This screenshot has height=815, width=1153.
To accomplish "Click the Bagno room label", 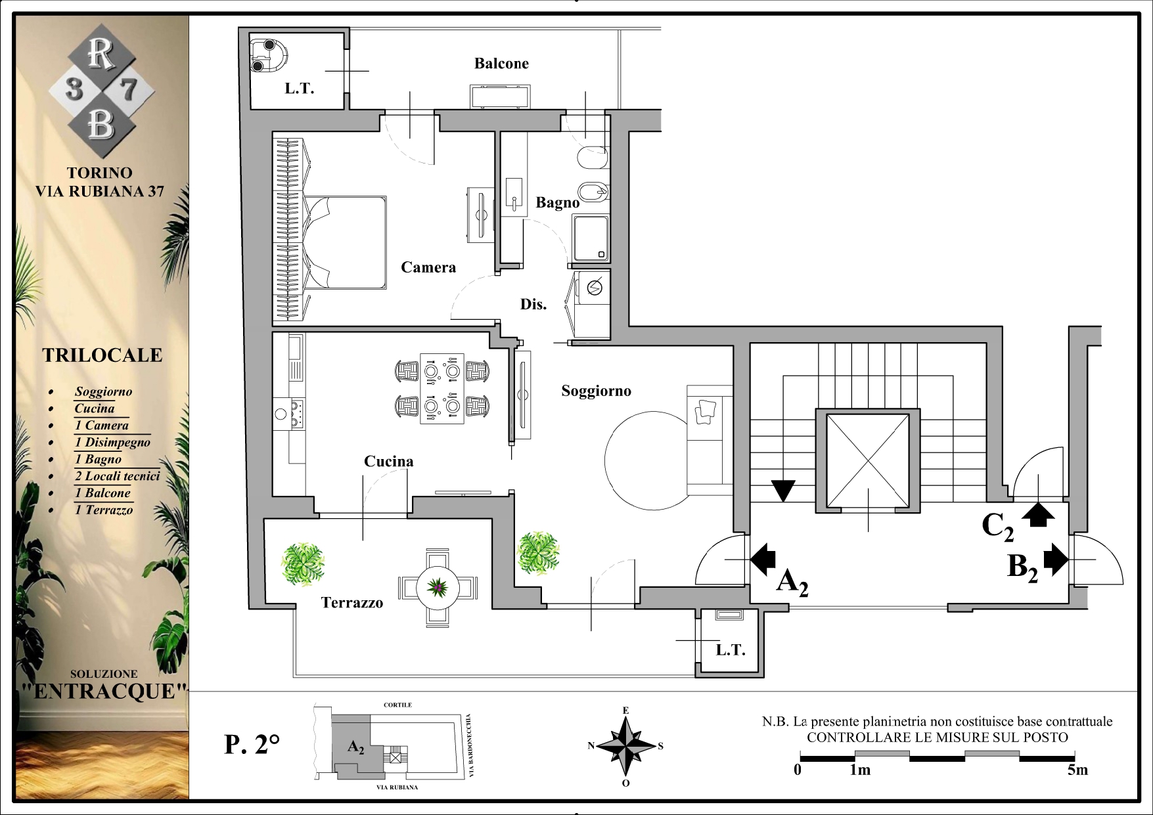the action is (558, 203).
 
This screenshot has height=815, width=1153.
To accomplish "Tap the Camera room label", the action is (428, 267).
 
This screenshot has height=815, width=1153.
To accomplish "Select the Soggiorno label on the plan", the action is (596, 391).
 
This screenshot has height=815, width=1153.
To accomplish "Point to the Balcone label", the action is (501, 64).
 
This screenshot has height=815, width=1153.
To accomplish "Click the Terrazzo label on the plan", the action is (351, 603).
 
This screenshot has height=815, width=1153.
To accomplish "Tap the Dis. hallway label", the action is (533, 304).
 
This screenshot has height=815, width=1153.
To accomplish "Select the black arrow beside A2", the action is (763, 560).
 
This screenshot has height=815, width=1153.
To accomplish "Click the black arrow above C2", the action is (1038, 514).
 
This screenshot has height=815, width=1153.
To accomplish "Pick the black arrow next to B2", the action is (1056, 560).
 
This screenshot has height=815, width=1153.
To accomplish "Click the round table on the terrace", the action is (437, 588).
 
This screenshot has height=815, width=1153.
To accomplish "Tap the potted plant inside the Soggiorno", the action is (539, 552).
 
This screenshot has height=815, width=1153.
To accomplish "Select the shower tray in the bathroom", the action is (591, 238).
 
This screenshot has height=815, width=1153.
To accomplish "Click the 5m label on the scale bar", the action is (1077, 770).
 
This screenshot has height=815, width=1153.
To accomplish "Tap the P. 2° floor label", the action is (252, 745).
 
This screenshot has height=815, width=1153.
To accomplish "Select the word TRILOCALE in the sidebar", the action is (102, 355).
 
